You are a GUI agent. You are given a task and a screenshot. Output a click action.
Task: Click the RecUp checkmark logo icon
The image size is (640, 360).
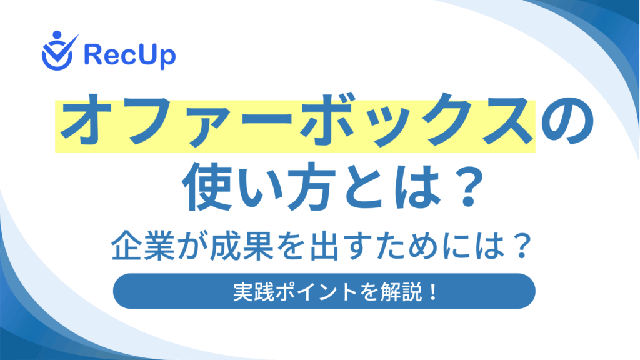coord(58,52)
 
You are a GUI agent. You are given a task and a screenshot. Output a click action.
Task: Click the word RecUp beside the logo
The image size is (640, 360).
coord(130,55)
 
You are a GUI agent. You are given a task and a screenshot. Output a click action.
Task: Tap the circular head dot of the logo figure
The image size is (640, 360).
coord(57,35)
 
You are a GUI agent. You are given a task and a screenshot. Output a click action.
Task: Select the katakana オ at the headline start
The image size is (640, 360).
coord(86,120)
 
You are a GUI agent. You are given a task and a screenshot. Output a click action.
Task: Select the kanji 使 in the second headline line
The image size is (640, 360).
coord(207,186)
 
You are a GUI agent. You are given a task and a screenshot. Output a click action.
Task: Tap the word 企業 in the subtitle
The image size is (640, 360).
coord(144,246)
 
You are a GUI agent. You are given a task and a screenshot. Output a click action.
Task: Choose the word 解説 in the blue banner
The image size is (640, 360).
coord(402,292)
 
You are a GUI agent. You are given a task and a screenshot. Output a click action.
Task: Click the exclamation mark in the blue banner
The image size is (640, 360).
coord(432,292)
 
